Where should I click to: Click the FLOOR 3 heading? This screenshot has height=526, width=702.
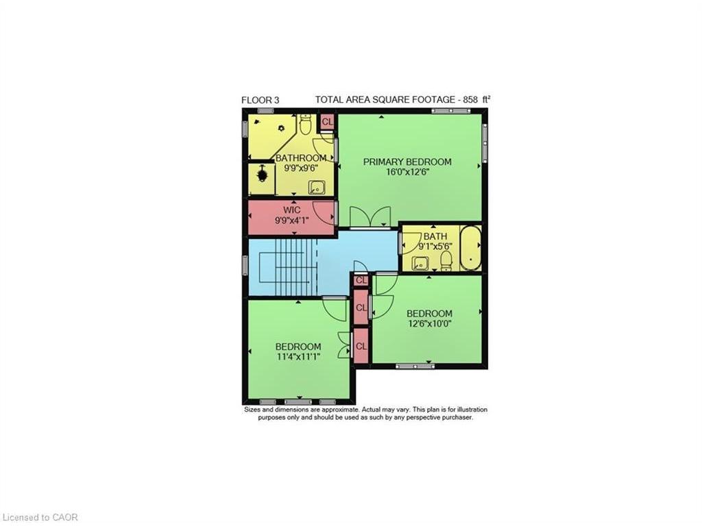tap(260, 100)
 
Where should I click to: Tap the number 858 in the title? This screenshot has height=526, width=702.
tap(470, 100)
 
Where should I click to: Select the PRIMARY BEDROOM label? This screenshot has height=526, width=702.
tap(407, 162)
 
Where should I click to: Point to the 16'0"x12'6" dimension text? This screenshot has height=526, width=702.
tap(407, 173)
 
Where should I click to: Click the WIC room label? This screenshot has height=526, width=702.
tap(292, 210)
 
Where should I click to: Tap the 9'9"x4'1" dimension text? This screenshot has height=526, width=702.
tap(292, 221)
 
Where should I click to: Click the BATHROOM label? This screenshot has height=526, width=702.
tap(301, 158)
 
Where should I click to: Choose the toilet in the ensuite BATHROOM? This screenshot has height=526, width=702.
tap(306, 125)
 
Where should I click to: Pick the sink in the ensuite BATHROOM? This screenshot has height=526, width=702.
tap(316, 186)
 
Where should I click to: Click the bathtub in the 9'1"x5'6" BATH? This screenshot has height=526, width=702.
tap(470, 247)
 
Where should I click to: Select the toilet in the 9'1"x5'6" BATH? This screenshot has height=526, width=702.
tap(446, 260)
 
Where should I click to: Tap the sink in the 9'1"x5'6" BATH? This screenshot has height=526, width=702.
tap(419, 262)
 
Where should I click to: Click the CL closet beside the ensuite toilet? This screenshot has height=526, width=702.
tap(327, 122)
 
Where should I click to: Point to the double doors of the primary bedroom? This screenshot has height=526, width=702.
tap(370, 218)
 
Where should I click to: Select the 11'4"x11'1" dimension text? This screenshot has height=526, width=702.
tap(298, 357)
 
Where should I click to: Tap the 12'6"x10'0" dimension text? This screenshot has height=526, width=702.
tap(429, 324)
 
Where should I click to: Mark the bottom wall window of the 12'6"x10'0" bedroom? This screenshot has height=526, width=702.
tap(415, 366)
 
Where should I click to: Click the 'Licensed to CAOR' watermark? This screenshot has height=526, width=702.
tap(40, 517)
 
